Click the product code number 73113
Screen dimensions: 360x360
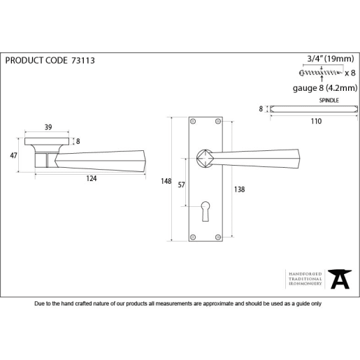[82, 61]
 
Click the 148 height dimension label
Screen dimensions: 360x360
[166, 181]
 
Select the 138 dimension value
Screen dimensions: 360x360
[240, 189]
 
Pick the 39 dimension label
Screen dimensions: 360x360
[48, 128]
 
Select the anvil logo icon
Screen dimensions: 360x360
[340, 278]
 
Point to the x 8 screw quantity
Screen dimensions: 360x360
[350, 73]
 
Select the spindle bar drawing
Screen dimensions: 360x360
[314, 109]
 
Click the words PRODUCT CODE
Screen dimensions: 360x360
[36, 61]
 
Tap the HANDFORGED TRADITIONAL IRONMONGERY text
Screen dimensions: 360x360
[305, 278]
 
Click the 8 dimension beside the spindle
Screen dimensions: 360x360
[261, 109]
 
